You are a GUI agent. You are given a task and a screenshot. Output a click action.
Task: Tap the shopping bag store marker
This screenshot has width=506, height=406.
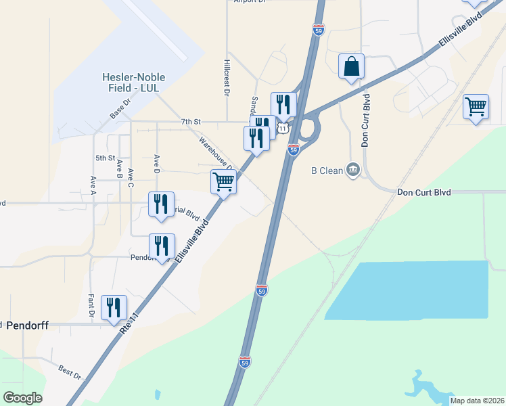click(x=351, y=66)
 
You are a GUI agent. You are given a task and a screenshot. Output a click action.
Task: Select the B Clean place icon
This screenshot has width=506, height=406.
click(x=352, y=170)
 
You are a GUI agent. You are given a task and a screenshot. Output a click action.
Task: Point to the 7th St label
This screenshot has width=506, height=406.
click(x=191, y=121)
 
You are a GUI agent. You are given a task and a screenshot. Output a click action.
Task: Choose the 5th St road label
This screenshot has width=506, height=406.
click(x=105, y=158)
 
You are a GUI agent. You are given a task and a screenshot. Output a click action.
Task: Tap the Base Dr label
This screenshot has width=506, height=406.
click(x=119, y=111)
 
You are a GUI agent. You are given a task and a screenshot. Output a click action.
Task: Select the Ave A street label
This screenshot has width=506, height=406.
click(x=93, y=184)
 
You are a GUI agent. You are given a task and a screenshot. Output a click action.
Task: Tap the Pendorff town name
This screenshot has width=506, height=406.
click(x=30, y=325)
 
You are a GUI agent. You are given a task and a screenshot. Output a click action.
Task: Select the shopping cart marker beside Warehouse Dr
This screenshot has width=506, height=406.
click(x=223, y=181)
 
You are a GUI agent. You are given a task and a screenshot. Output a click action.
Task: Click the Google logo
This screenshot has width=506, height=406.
click(x=22, y=398)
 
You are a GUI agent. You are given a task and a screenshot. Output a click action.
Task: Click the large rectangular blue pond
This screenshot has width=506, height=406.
click(x=413, y=289)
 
